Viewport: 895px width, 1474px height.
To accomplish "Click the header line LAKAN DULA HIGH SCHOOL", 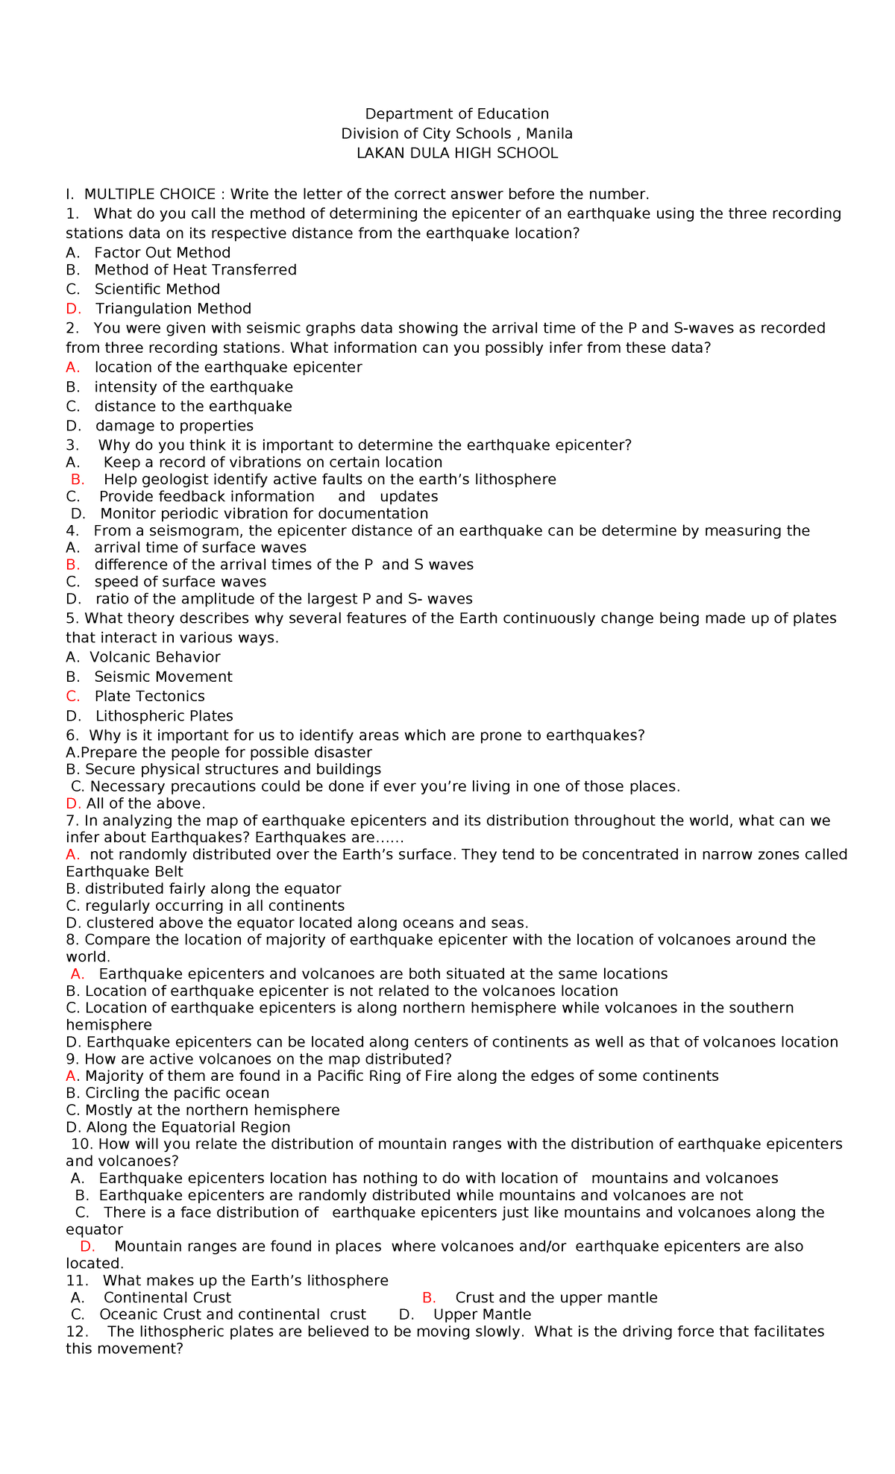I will [456, 154].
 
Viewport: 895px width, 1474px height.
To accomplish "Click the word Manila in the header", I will [549, 134].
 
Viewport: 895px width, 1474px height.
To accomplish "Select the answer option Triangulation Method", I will [173, 309].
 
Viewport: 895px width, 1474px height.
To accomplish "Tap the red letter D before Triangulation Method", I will [72, 309].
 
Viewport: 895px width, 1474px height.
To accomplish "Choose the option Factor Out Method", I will [162, 253].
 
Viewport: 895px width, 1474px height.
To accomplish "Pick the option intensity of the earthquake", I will [193, 387].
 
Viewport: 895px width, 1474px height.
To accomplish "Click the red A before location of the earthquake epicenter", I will [72, 367].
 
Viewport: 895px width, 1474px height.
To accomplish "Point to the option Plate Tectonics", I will [149, 696].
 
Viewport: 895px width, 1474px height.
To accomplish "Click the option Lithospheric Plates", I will [164, 716].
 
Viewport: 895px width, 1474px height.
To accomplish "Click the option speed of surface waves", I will [180, 582].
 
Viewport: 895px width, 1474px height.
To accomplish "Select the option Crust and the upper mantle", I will [556, 1297].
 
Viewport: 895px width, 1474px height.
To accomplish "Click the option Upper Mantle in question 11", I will [482, 1314].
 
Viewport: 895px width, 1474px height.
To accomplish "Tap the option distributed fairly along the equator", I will [213, 888].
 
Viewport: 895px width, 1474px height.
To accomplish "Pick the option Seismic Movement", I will [163, 677].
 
